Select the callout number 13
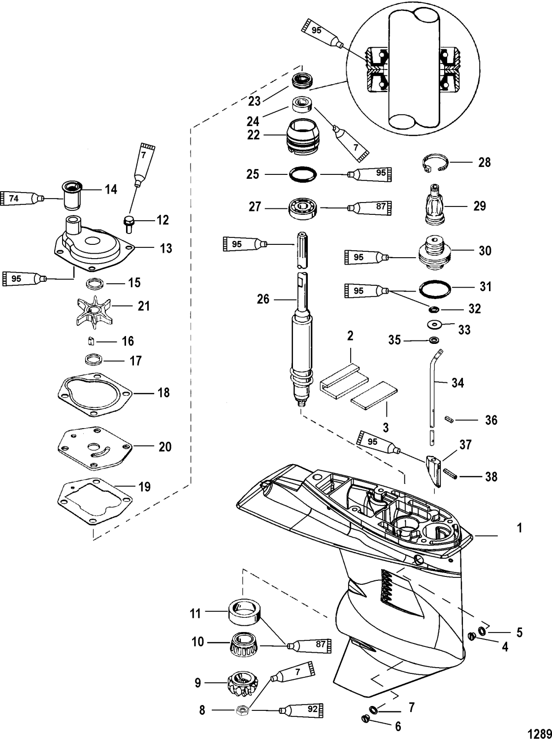166,248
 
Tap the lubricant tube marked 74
23,199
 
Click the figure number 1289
540,733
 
